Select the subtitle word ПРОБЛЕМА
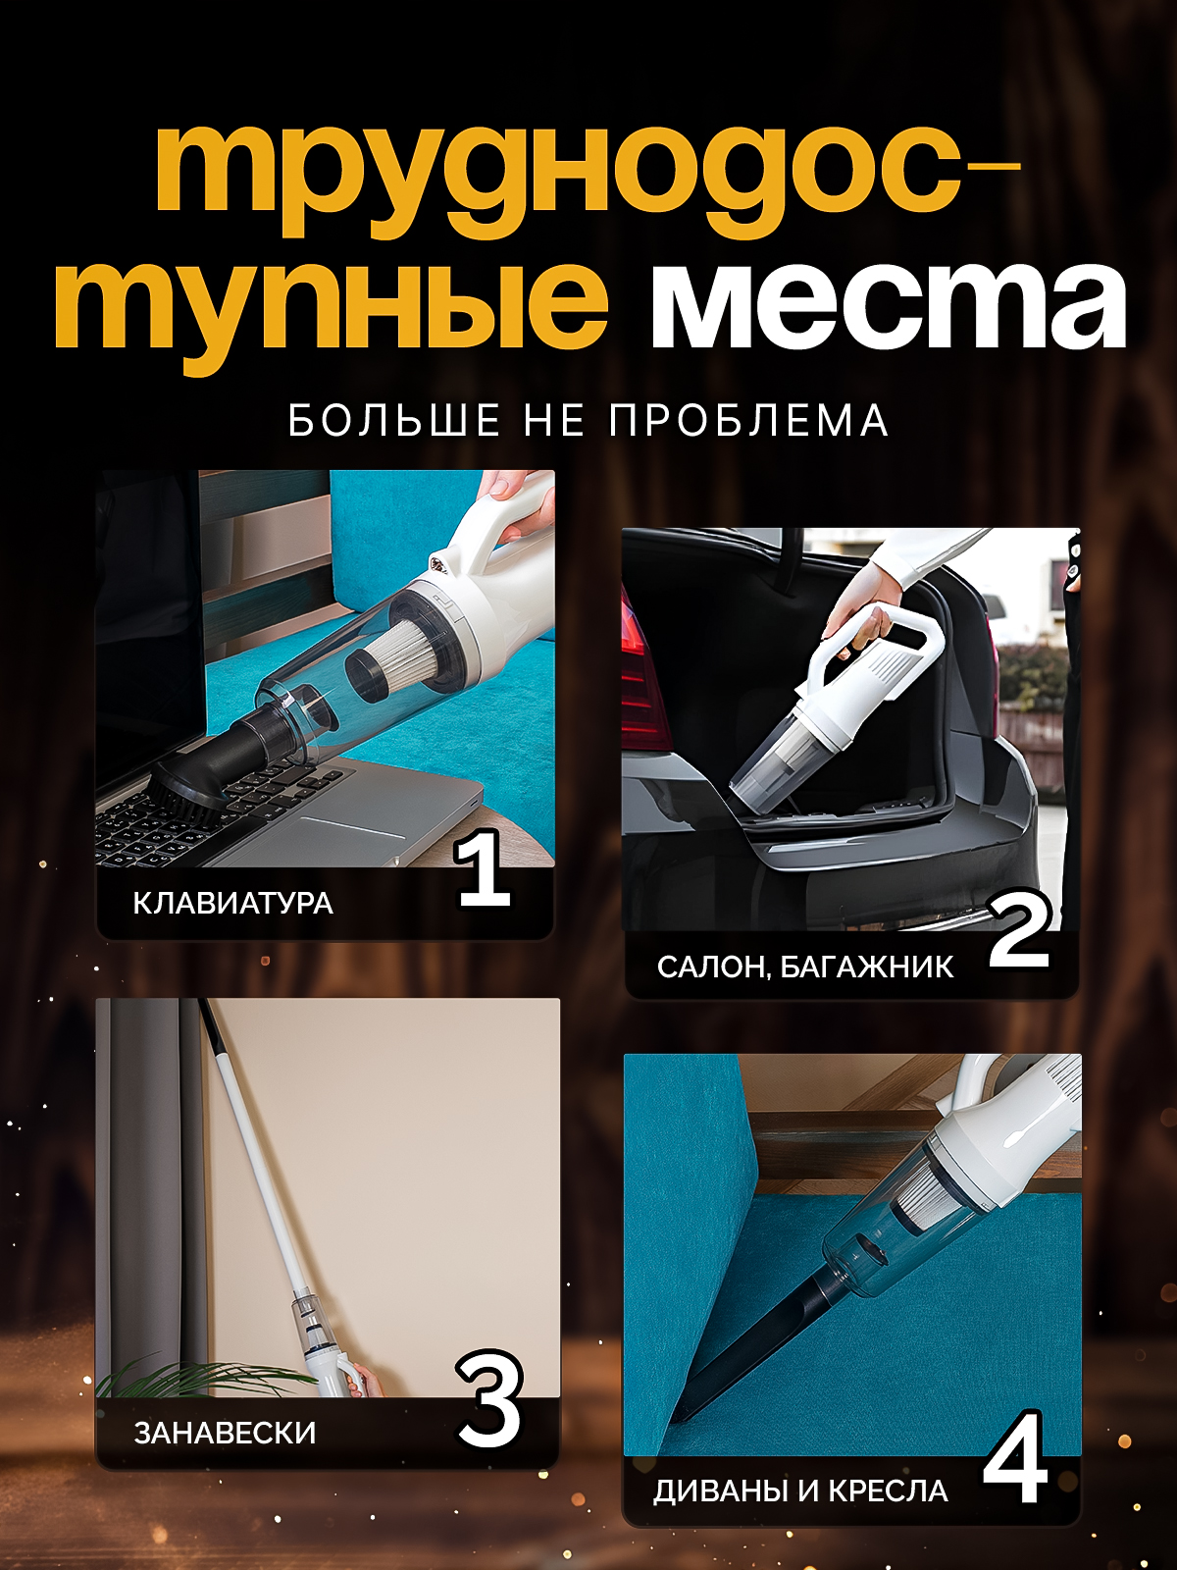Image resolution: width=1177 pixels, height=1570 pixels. [748, 421]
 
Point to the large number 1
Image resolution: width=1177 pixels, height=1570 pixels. [484, 868]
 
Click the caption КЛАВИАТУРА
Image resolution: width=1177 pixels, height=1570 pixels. [233, 904]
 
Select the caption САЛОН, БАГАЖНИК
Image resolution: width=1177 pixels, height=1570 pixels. [804, 968]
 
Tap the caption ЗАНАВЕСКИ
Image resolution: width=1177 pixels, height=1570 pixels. [225, 1434]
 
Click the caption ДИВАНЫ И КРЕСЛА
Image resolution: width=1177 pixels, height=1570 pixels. [800, 1491]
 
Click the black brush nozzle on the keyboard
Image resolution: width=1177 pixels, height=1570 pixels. [191, 785]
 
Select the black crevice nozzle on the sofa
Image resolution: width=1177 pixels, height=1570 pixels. [755, 1344]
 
